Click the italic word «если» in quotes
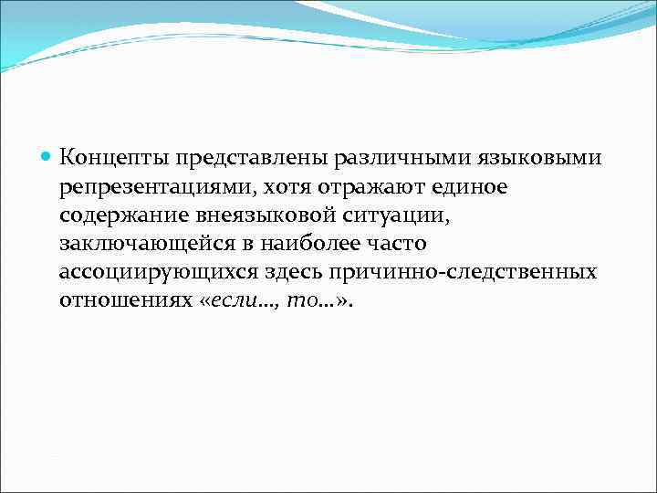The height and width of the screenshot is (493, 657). (x=233, y=302)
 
